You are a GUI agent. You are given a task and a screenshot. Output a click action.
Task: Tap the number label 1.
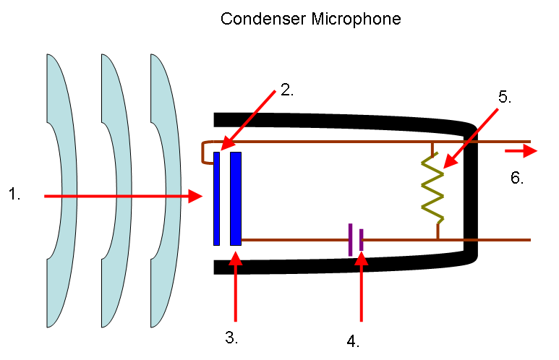(x=15, y=193)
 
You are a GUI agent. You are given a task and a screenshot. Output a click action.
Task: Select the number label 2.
(x=287, y=90)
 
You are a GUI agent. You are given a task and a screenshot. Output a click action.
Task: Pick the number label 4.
(x=352, y=340)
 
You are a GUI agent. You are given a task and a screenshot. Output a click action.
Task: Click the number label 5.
(x=504, y=98)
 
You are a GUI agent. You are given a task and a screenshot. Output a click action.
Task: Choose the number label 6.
(x=516, y=178)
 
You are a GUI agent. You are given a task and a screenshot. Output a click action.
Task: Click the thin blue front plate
(x=216, y=199)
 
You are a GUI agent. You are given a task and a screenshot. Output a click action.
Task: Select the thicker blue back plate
(x=236, y=199)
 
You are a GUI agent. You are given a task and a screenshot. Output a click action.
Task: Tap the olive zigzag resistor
(x=433, y=188)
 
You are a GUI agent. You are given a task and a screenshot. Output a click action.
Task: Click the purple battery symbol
(x=355, y=239)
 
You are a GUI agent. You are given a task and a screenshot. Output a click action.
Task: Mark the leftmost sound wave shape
(x=61, y=192)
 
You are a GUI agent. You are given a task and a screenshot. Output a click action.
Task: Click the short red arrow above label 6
(x=521, y=151)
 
